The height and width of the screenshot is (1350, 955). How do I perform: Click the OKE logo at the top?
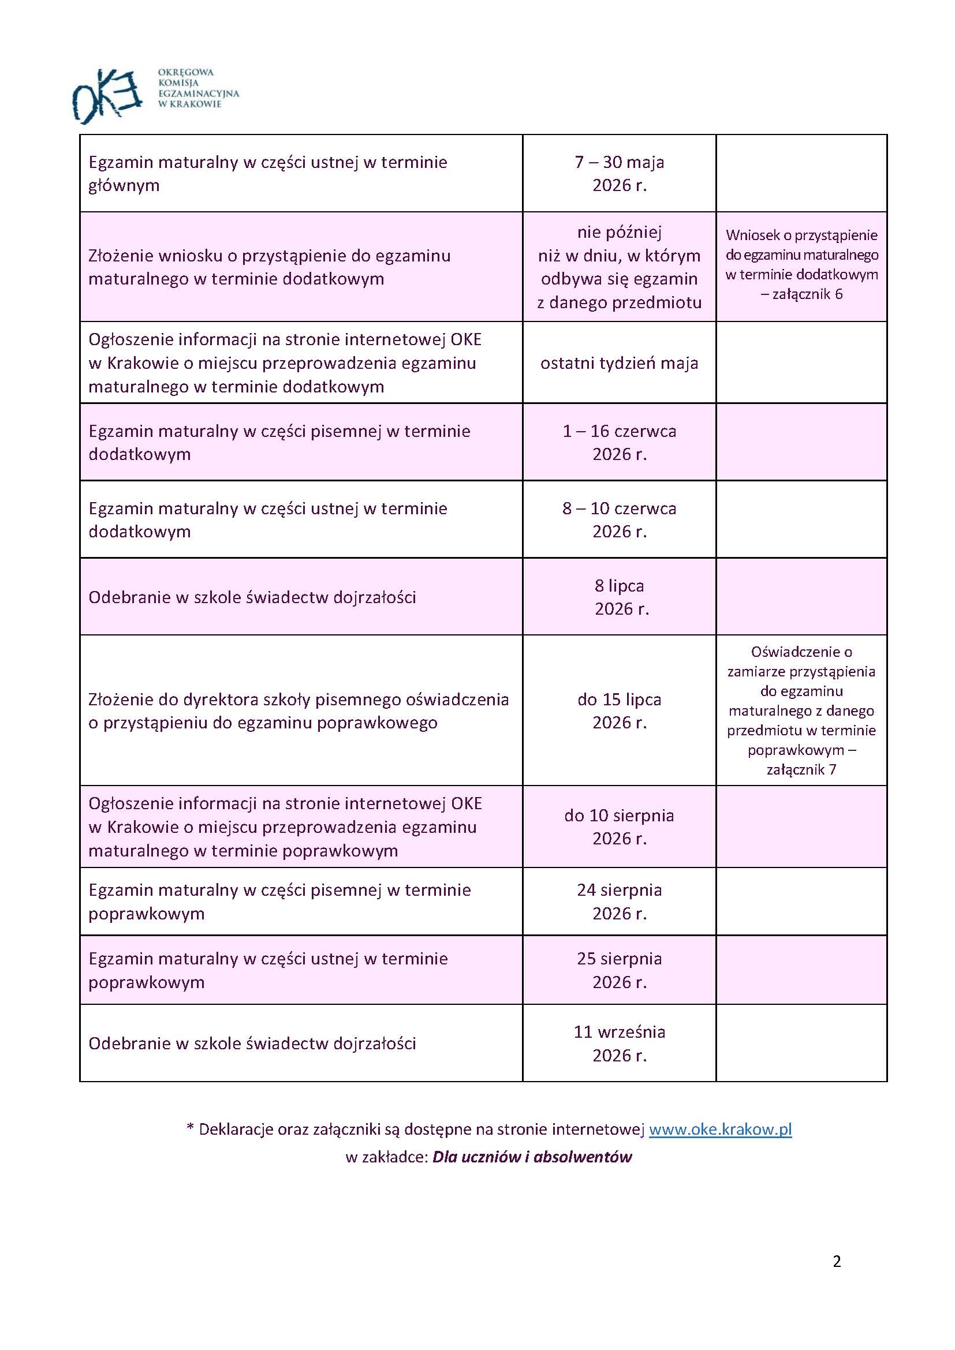(x=107, y=95)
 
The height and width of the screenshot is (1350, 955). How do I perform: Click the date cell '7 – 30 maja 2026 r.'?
(x=619, y=174)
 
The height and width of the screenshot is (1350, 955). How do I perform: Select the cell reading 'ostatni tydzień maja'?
(x=619, y=363)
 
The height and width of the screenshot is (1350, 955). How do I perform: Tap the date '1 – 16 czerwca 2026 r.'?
(x=619, y=442)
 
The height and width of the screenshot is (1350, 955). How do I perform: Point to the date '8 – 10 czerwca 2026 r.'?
(x=619, y=519)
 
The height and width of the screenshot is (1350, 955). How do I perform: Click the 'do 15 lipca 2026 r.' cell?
(x=619, y=710)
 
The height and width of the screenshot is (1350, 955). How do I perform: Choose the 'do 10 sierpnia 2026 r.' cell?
(x=619, y=827)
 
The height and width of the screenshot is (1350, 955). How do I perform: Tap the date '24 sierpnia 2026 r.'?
(x=619, y=902)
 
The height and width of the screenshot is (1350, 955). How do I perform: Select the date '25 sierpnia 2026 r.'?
(x=619, y=970)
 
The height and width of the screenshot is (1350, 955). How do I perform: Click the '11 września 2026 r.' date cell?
(x=619, y=1044)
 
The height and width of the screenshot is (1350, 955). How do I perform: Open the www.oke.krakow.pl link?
(x=721, y=1130)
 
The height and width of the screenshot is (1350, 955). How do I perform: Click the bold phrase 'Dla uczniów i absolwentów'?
(x=532, y=1157)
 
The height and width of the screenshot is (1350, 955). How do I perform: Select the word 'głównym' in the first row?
(x=124, y=186)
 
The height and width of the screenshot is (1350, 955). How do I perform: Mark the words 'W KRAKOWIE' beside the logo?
(x=190, y=104)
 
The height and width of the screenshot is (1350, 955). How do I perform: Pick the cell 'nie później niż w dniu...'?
(x=619, y=267)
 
